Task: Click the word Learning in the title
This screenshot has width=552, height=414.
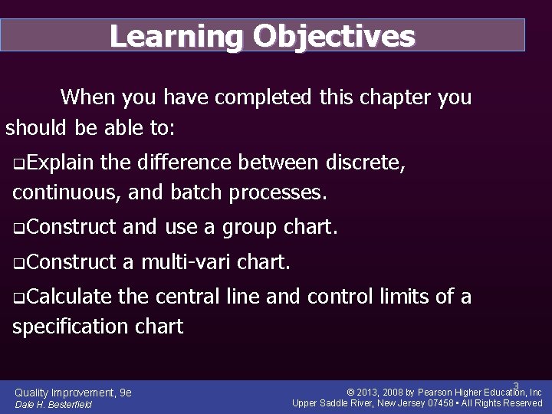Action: point(176,36)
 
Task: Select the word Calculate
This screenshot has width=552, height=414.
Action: point(68,297)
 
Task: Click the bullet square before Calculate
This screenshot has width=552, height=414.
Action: point(18,297)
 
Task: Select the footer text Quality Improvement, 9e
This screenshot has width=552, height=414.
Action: point(73,393)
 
